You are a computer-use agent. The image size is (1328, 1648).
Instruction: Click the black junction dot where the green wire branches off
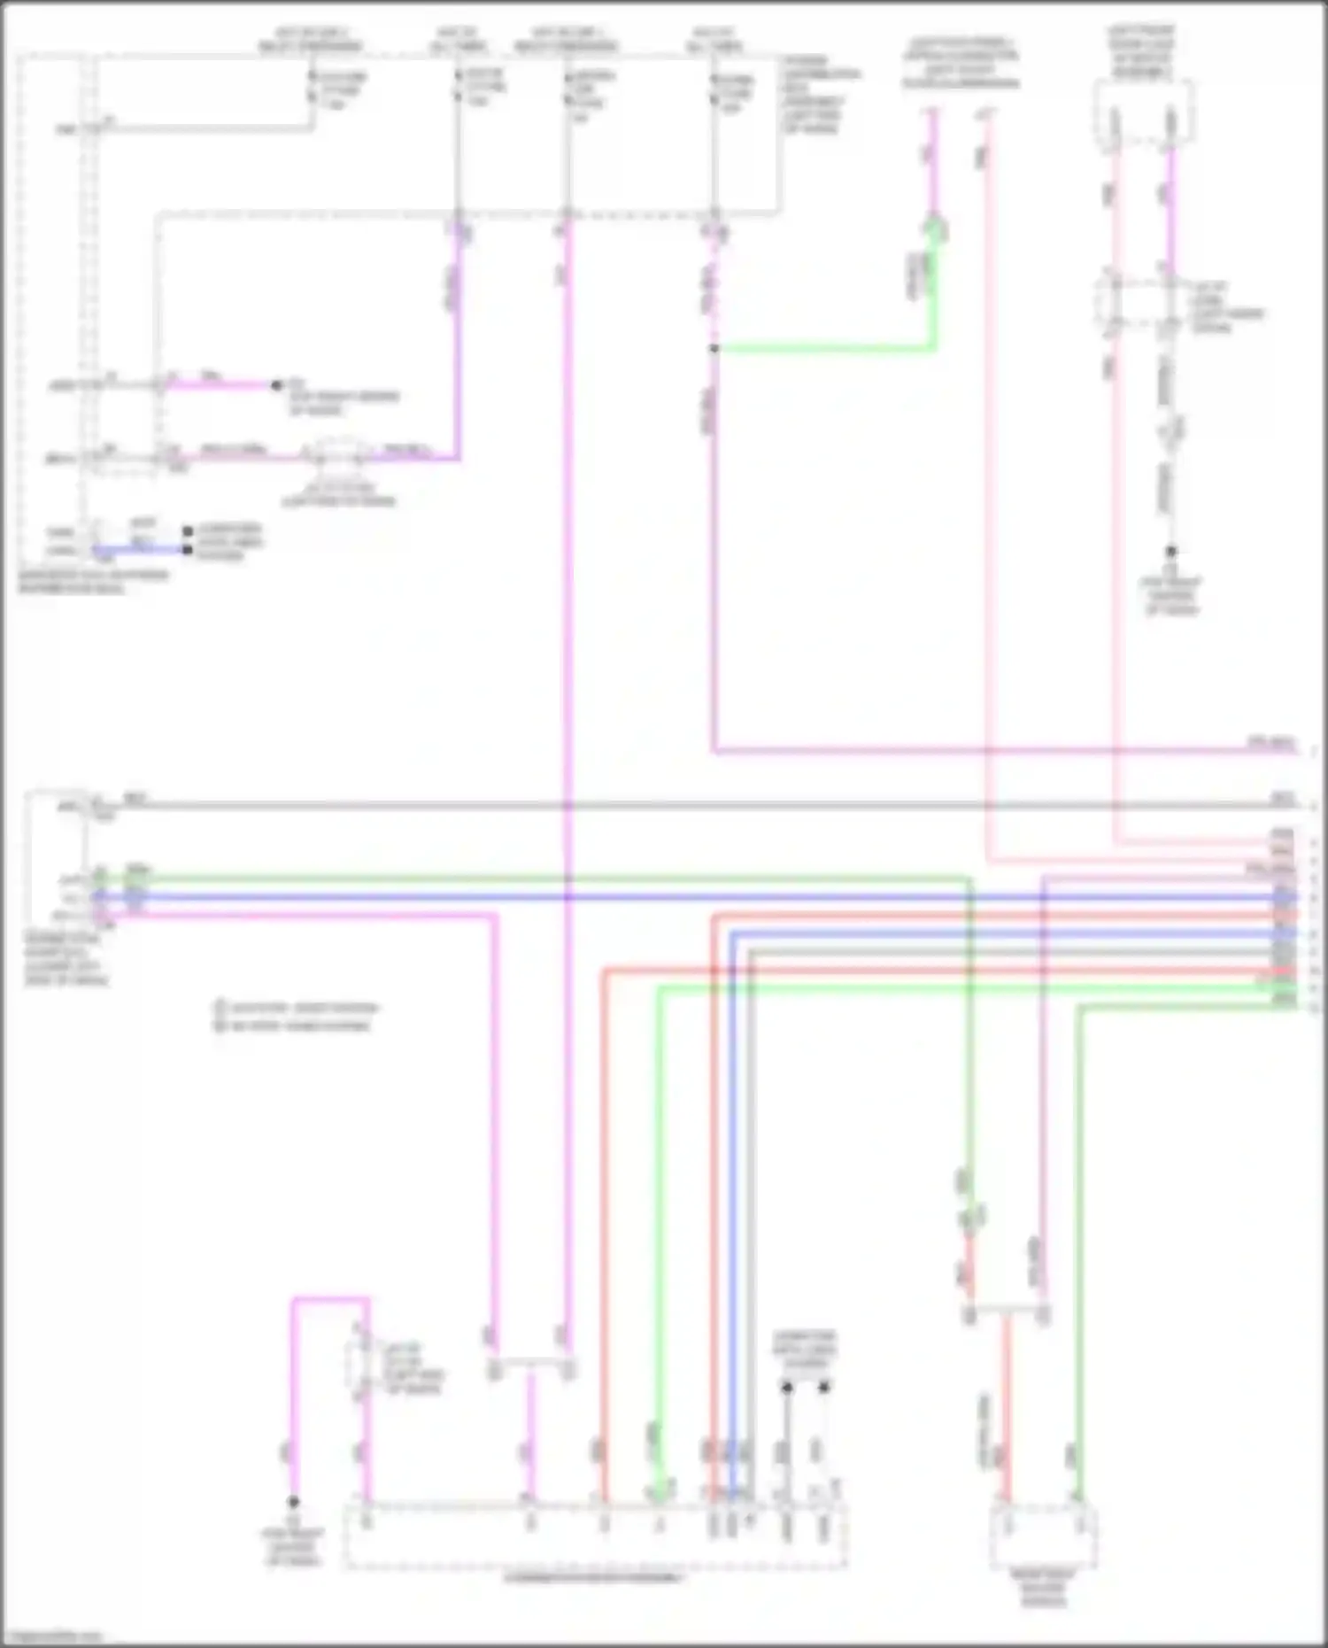point(714,349)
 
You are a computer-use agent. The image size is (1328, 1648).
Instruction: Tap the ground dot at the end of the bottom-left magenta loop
point(293,1502)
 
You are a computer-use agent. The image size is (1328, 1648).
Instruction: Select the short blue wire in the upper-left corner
point(142,550)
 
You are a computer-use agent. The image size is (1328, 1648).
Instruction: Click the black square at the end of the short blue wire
point(188,550)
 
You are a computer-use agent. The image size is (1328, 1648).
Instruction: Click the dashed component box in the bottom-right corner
point(1043,1537)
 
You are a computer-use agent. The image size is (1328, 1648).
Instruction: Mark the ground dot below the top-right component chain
point(1170,551)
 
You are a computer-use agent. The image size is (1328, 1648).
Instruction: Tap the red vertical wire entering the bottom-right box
point(1006,1417)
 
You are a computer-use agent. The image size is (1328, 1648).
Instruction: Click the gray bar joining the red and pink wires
point(1007,1307)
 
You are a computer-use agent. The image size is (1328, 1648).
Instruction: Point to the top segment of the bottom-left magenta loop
point(330,1300)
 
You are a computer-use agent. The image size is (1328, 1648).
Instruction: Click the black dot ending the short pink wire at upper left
point(276,385)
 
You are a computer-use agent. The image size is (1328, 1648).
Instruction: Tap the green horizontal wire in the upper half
point(823,349)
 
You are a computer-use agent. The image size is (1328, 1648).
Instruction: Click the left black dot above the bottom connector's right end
point(786,1388)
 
